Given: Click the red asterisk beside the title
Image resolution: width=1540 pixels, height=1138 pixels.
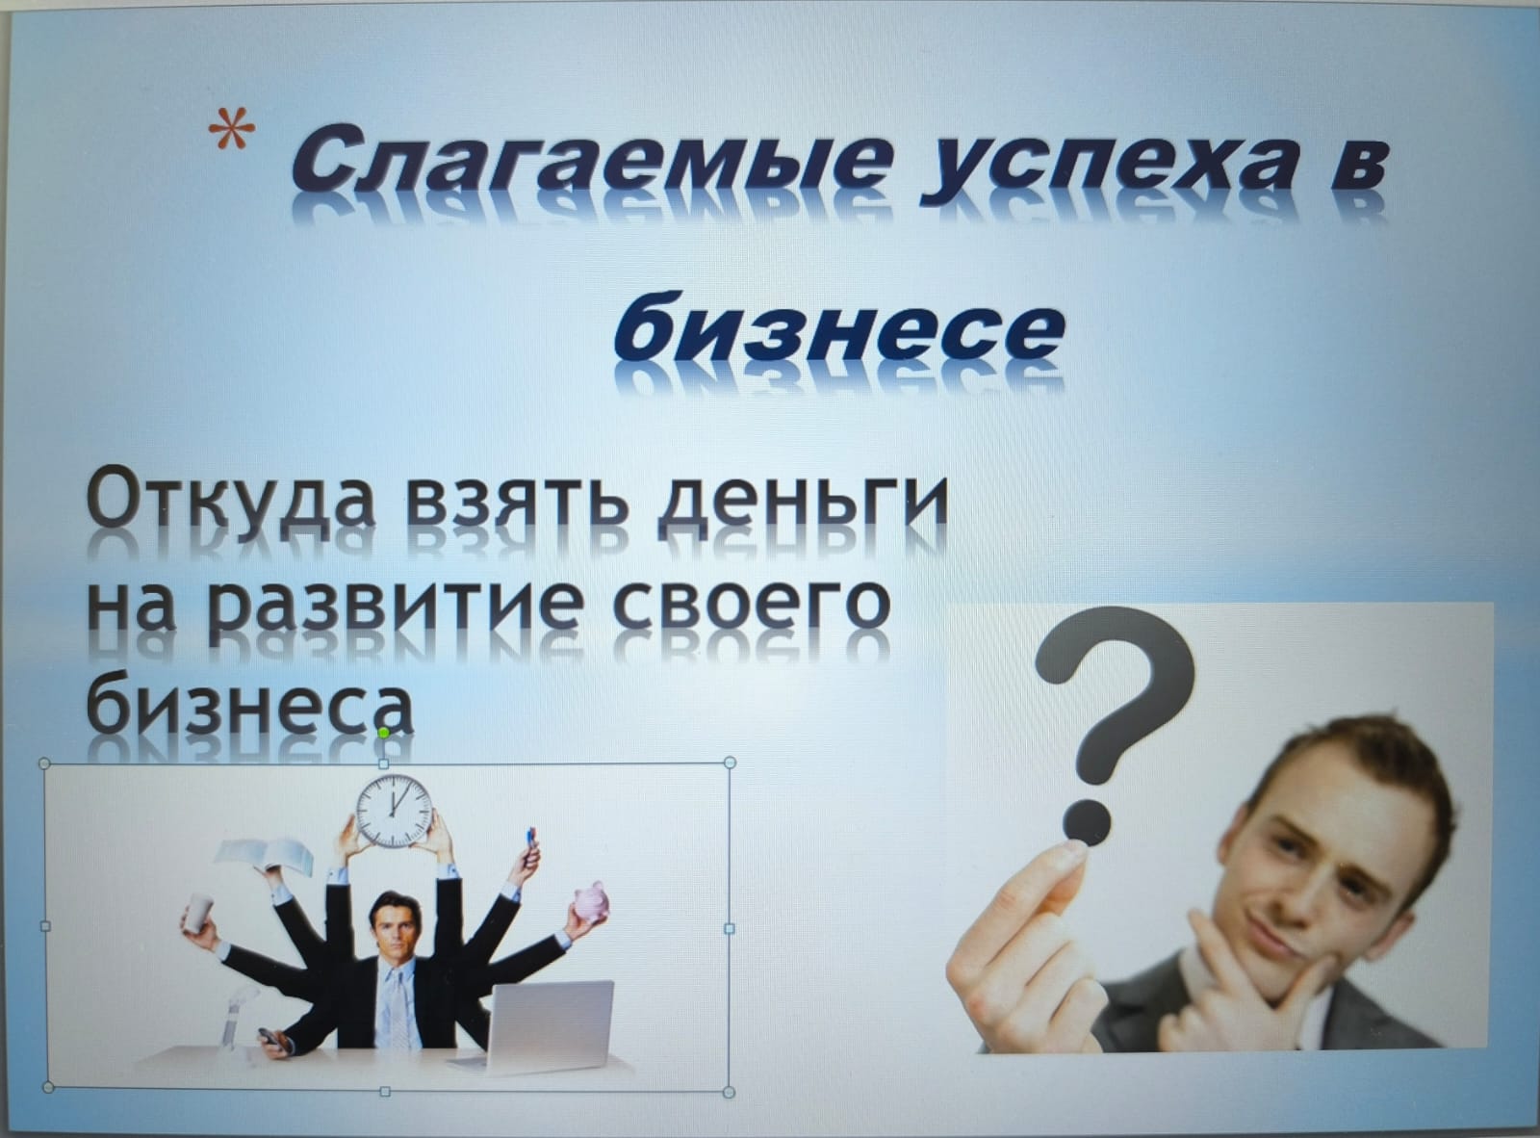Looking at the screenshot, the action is [232, 127].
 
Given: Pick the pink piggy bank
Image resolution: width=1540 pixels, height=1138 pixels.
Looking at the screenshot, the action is [591, 901].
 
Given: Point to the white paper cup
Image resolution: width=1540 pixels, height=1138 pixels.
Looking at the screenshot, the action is [199, 912].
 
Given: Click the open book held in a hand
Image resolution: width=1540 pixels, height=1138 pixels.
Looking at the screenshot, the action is [265, 854].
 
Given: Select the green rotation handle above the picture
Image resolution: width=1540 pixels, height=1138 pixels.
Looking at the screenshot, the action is [383, 733].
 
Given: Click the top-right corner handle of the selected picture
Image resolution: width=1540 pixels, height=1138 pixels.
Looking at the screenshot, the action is [730, 763].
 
